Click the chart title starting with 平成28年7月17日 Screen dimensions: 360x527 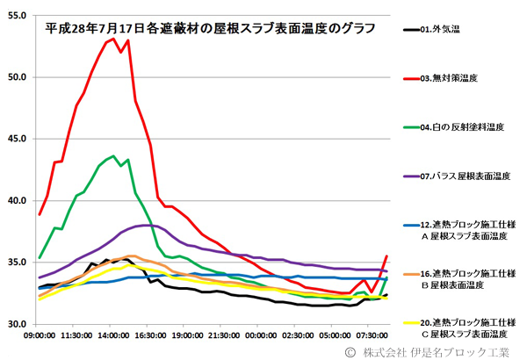click(211, 27)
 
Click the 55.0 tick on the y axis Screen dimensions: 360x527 click(18, 15)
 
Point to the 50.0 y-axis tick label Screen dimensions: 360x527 click(18, 77)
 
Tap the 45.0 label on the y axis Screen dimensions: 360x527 click(18, 139)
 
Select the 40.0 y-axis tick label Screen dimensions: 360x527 click(18, 201)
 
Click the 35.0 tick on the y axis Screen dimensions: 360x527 click(18, 263)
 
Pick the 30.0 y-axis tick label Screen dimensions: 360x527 click(18, 325)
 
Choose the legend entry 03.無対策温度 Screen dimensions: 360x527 click(448, 79)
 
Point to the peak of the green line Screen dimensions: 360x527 click(113, 156)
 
